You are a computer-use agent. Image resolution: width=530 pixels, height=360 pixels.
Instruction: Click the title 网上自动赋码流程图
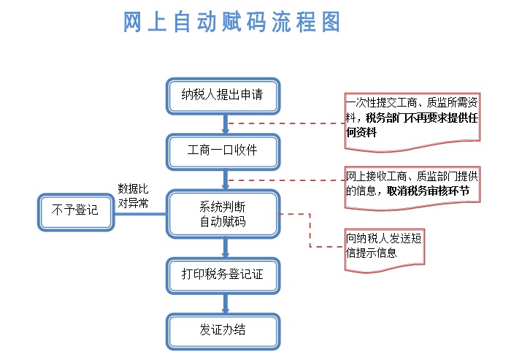click(231, 22)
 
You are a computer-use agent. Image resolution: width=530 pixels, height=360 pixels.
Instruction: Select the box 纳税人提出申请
click(223, 96)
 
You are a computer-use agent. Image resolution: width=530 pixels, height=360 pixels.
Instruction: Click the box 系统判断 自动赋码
click(223, 214)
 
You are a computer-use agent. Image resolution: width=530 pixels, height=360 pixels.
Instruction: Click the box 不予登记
click(76, 212)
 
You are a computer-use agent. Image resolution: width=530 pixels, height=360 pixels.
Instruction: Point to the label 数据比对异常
click(133, 196)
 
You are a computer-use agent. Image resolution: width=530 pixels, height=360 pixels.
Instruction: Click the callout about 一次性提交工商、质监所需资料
click(412, 122)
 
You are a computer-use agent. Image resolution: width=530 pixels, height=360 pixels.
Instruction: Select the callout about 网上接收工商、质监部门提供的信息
click(412, 188)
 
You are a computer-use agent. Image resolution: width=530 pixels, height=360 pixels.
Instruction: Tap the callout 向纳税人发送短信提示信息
click(384, 250)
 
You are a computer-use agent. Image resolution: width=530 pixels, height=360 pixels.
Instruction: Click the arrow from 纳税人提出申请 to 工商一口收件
click(226, 124)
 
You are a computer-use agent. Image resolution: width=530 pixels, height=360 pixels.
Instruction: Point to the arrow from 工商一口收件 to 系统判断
click(226, 180)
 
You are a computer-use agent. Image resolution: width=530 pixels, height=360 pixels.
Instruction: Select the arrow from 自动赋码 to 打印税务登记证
click(226, 248)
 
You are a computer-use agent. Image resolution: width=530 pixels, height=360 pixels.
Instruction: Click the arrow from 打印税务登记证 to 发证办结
click(226, 304)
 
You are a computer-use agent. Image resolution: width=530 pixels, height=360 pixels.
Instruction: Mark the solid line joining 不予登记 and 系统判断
click(140, 214)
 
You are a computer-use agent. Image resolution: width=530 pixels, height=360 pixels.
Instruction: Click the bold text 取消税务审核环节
click(428, 191)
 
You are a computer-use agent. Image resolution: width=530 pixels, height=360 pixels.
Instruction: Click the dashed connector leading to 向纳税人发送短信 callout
click(310, 230)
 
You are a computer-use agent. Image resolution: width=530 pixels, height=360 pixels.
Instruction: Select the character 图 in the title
click(331, 22)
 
